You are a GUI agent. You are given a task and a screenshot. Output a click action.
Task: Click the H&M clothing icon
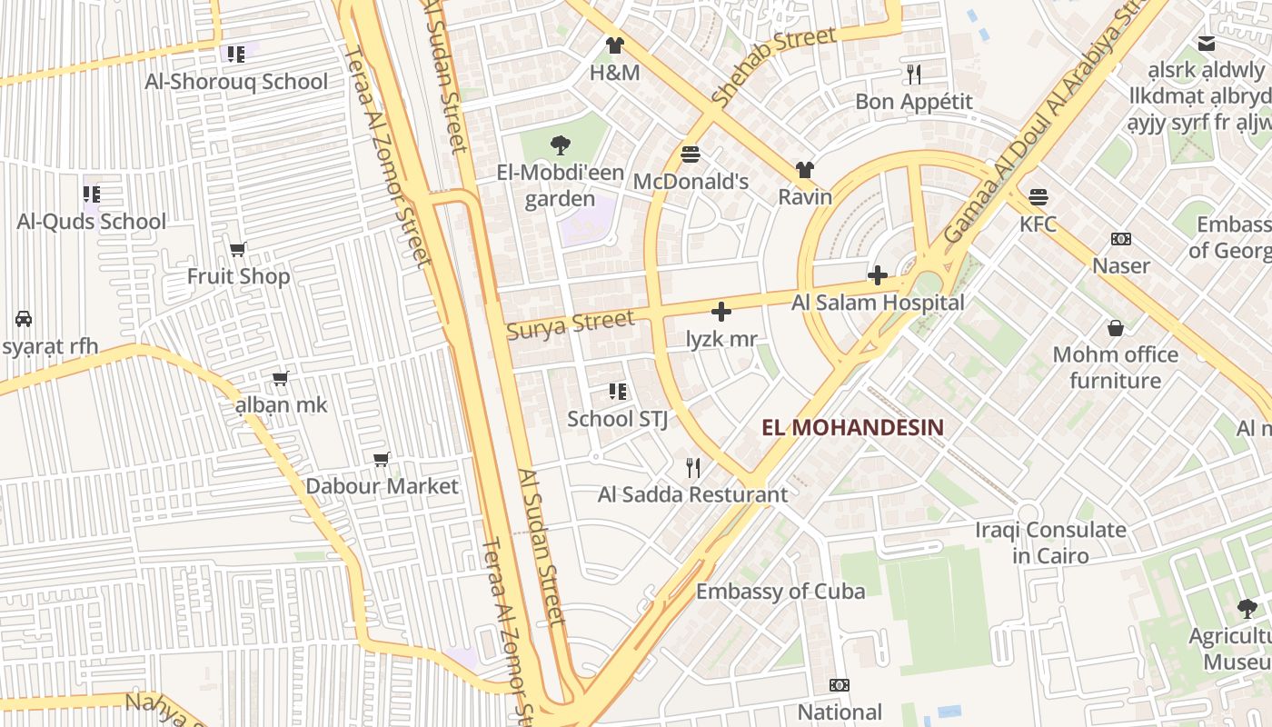point(615,45)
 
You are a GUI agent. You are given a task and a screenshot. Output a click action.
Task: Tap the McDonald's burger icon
point(691,154)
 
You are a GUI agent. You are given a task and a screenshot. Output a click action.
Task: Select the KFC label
point(1038,224)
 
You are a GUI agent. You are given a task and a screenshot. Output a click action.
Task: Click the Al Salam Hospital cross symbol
point(878,274)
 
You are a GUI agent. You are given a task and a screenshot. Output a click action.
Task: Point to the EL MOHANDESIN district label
point(852,427)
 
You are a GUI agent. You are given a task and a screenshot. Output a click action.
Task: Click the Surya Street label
point(570,324)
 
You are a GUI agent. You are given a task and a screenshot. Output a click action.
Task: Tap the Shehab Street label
point(773,66)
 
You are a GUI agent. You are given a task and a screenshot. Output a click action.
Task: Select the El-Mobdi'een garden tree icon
point(561,144)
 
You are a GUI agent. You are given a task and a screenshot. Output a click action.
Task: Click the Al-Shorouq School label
point(236,82)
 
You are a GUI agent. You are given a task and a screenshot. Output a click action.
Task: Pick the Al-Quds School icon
point(92,194)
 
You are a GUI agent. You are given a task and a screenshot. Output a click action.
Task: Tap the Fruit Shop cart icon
point(238,249)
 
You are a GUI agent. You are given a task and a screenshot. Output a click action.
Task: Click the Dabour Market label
point(382,486)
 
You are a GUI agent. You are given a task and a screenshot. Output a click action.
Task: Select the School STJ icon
point(618,392)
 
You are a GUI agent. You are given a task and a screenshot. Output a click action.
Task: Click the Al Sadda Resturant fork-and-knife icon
point(693,468)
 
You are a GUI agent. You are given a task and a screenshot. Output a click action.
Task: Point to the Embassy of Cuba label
point(780,592)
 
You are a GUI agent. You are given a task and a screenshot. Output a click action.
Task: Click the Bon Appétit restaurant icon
point(914,75)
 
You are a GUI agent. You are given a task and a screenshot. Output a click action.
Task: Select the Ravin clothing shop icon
point(805,170)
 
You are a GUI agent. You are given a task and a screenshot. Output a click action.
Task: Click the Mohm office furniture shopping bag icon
point(1115,328)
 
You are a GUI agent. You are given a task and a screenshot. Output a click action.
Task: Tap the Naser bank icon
point(1121,239)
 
